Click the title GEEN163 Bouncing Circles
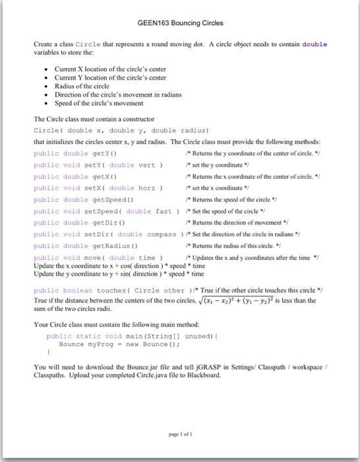point(180,23)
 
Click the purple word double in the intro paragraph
point(314,44)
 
